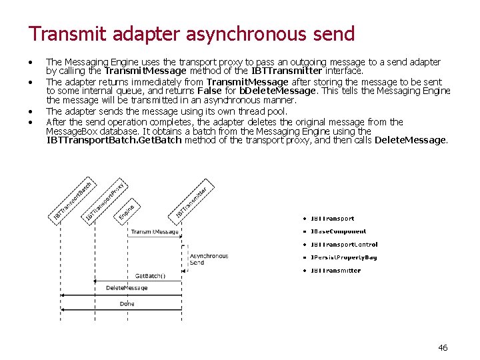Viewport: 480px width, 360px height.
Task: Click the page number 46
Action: coord(443,347)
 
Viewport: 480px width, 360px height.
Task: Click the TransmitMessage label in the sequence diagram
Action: coord(155,232)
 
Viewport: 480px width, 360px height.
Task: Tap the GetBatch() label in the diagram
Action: coord(150,276)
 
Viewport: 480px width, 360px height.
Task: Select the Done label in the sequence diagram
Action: coord(127,304)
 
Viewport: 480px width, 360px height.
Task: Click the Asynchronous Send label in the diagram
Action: coord(209,259)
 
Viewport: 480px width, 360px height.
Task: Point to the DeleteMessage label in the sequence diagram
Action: coord(127,288)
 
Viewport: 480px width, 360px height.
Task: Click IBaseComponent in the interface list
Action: coord(338,231)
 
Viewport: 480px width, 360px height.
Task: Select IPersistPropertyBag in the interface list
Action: coord(343,257)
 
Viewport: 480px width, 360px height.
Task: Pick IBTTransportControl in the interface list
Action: coord(344,245)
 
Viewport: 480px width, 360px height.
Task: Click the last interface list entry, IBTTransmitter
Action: coord(335,271)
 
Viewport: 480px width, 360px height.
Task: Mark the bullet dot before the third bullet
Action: coord(31,111)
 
